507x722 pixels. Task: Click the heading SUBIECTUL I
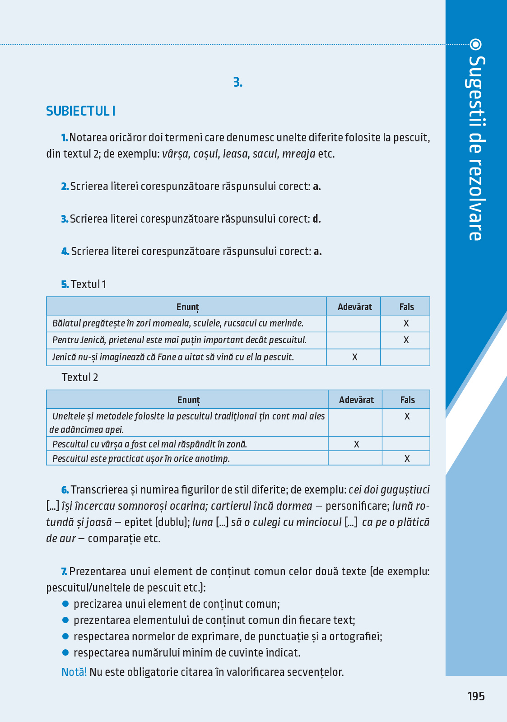tap(80, 111)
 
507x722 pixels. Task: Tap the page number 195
tap(476, 696)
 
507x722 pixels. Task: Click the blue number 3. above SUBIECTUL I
tap(237, 83)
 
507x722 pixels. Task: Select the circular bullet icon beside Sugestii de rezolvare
tap(475, 44)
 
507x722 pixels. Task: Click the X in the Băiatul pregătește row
tap(406, 323)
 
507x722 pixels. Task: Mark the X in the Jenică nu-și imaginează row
tap(354, 357)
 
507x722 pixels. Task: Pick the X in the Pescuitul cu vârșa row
tap(356, 444)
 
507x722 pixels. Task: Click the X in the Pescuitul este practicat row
tap(407, 459)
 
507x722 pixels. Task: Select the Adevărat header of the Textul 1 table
tap(354, 307)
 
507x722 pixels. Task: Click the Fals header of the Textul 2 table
tap(407, 400)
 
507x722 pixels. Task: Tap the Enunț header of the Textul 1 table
tap(187, 307)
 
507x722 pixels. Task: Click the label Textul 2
tap(80, 377)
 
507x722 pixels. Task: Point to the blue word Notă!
tap(74, 672)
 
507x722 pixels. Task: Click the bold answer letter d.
tap(316, 219)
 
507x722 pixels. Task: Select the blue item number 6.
tap(65, 490)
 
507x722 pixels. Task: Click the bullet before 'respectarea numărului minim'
tap(65, 652)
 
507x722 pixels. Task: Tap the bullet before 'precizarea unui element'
tap(65, 604)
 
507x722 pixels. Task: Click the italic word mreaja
tap(298, 154)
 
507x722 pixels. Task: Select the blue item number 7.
tap(64, 572)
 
